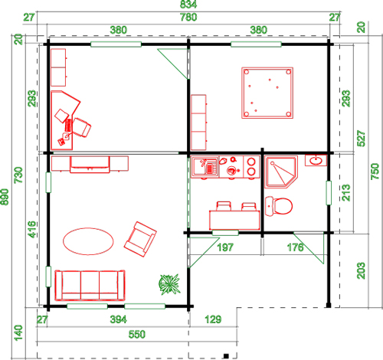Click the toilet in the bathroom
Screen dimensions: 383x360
(279, 206)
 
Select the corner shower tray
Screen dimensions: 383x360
(281, 172)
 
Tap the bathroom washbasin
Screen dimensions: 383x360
(316, 160)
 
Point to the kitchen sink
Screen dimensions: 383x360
(205, 167)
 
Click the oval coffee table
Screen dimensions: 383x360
(88, 241)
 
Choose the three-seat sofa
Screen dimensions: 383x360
(90, 285)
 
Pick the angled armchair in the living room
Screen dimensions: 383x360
(140, 239)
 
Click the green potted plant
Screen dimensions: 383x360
(169, 284)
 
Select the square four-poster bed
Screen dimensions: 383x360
(267, 93)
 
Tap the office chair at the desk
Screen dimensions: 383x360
(81, 127)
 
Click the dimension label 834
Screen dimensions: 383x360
(188, 5)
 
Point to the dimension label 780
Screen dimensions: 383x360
(188, 18)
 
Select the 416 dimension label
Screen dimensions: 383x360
(31, 230)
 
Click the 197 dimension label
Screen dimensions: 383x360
(225, 247)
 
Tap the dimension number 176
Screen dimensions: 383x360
(296, 247)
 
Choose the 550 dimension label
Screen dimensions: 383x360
(137, 335)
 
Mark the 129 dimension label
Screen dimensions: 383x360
(213, 319)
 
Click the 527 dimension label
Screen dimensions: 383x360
(361, 139)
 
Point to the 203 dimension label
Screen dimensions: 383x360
(361, 270)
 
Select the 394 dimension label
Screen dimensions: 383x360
(118, 319)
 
